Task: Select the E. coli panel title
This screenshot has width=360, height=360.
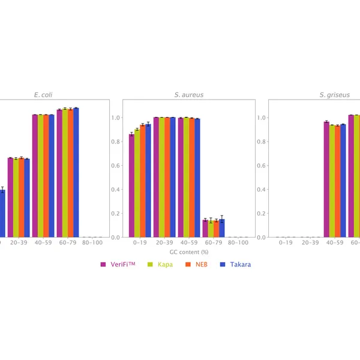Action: pos(46,95)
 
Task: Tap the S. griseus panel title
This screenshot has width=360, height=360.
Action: pos(334,95)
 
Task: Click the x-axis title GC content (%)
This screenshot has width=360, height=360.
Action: pos(185,253)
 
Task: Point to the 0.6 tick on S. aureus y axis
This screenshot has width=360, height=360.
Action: pos(115,166)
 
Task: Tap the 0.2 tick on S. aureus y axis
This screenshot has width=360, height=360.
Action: pos(115,214)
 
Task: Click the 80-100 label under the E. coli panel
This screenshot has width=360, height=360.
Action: pos(92,243)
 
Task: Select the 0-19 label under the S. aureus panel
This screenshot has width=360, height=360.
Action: pos(140,243)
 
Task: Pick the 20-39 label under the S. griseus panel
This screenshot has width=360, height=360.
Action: pos(310,243)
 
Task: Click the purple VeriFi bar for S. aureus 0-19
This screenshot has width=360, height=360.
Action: pos(131,186)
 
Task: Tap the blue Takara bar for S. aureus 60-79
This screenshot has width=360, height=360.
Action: pos(221,229)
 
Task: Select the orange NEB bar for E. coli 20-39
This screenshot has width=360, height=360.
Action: pos(21,198)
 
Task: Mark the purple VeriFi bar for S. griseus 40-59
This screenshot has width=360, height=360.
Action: pos(326,180)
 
